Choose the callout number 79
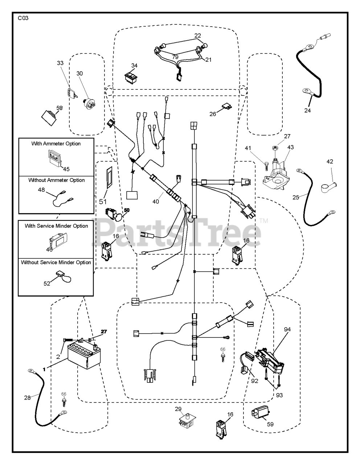click(175, 57)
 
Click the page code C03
click(23, 18)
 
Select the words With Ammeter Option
click(56, 143)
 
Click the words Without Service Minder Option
click(56, 262)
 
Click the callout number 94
click(287, 330)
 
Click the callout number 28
click(28, 398)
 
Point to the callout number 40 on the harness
click(156, 202)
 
